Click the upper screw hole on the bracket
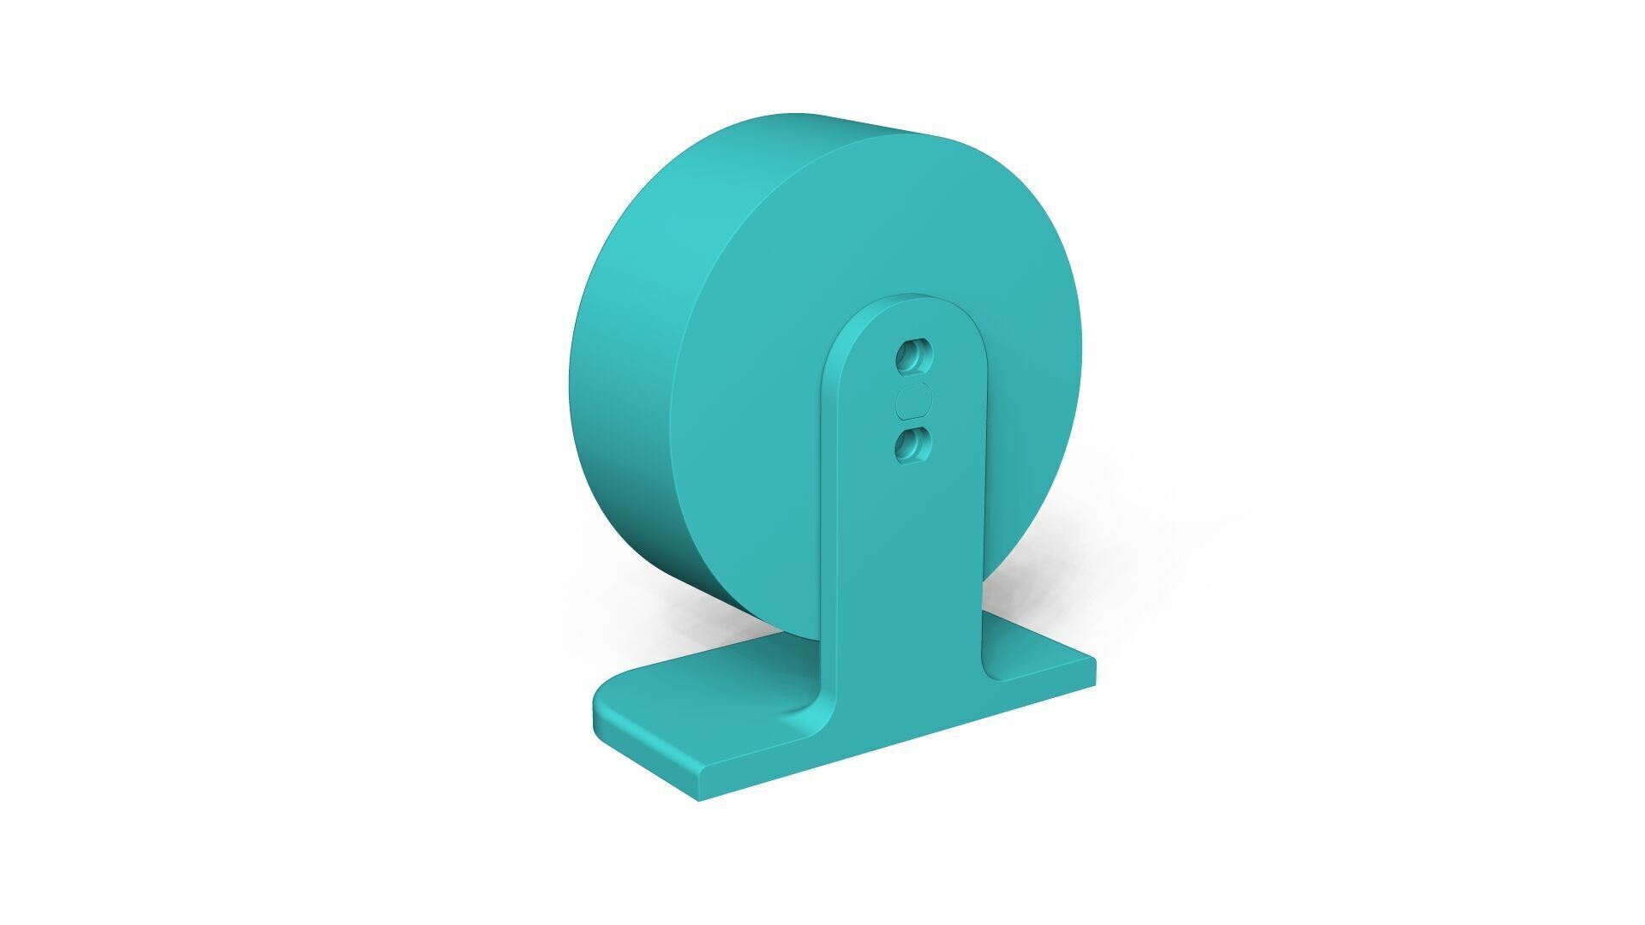click(x=914, y=356)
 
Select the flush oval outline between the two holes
click(x=913, y=400)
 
